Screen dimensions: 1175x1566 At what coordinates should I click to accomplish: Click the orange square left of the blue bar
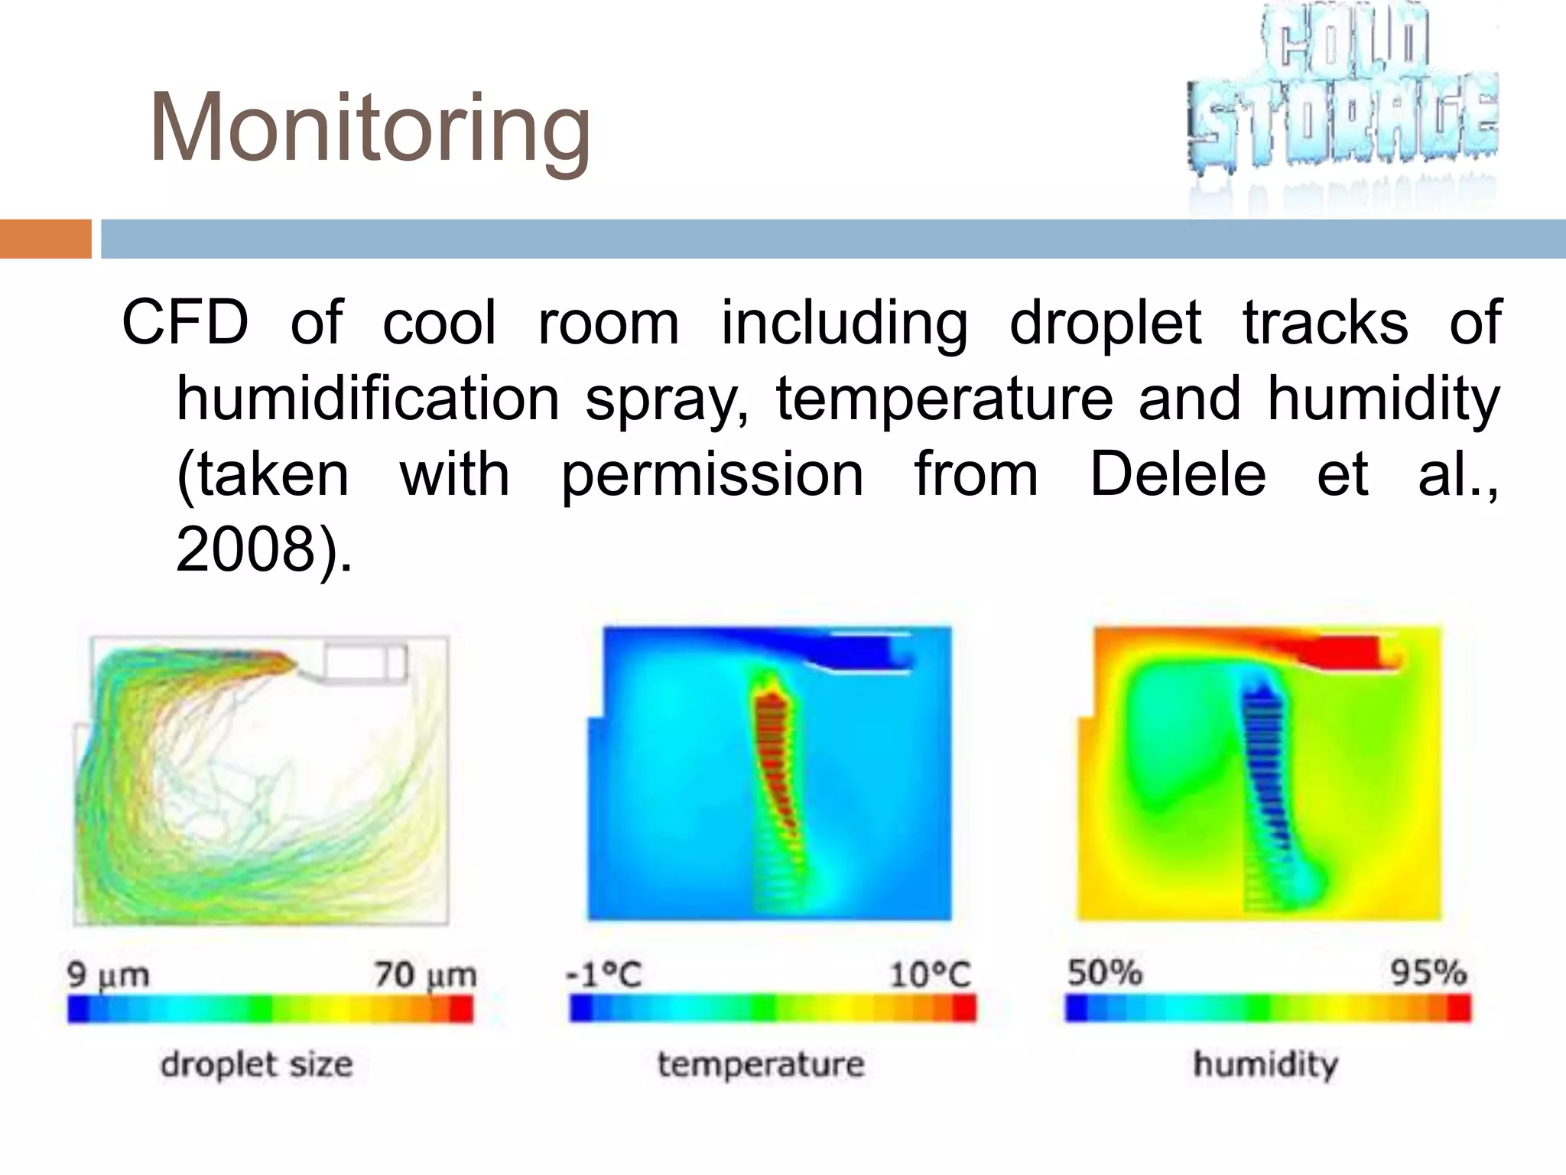pos(45,239)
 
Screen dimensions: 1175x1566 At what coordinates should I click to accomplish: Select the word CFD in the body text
pos(186,323)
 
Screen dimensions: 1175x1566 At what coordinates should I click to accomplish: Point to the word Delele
pos(1178,474)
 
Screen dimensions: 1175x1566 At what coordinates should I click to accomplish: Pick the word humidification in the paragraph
pos(369,399)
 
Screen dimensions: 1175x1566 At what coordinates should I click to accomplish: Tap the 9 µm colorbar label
pos(108,975)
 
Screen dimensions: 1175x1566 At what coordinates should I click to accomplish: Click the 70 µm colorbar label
pos(425,975)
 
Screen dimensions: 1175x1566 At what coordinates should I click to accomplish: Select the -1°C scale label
pos(603,975)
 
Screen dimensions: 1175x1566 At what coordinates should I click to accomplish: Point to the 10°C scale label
pos(930,975)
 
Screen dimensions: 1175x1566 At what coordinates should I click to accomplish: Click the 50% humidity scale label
pos(1104,973)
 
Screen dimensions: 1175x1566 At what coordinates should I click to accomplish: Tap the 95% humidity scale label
pos(1428,973)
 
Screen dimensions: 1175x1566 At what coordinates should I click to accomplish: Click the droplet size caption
pos(257,1064)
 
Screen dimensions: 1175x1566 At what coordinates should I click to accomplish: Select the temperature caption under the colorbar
pos(761,1064)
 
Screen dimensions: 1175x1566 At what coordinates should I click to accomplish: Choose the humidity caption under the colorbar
pos(1265,1064)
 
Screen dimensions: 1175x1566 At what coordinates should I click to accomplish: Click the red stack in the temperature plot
pos(774,757)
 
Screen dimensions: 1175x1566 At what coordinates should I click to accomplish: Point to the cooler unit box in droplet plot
pos(365,662)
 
